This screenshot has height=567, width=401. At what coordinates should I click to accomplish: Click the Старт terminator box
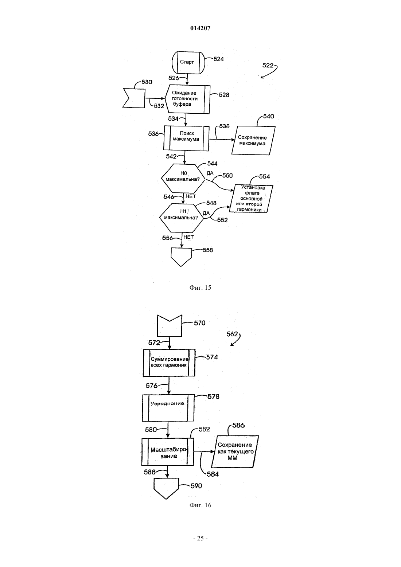[188, 62]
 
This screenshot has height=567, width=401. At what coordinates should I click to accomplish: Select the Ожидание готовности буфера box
[188, 99]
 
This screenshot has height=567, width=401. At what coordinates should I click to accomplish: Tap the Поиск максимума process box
[186, 138]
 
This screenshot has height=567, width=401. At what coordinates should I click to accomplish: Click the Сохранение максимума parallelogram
[253, 141]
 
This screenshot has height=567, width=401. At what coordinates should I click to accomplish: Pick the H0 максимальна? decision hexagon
[183, 178]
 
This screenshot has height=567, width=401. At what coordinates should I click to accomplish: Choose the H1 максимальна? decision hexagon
[181, 218]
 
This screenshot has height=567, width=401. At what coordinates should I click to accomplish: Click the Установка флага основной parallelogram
[251, 199]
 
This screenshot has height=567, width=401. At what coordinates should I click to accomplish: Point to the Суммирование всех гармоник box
[169, 363]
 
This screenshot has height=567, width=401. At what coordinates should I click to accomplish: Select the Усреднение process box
[168, 408]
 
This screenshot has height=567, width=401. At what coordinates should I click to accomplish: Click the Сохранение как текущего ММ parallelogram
[235, 451]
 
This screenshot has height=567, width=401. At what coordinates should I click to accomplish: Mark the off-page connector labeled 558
[181, 257]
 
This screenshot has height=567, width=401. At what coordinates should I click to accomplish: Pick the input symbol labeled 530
[134, 98]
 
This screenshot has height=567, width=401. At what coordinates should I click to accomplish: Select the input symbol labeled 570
[170, 326]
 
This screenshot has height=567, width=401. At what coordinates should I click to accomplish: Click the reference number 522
[268, 66]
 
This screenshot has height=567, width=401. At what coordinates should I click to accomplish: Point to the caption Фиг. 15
[200, 288]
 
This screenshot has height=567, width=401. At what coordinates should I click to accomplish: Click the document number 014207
[200, 28]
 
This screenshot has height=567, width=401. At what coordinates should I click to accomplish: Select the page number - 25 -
[200, 538]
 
